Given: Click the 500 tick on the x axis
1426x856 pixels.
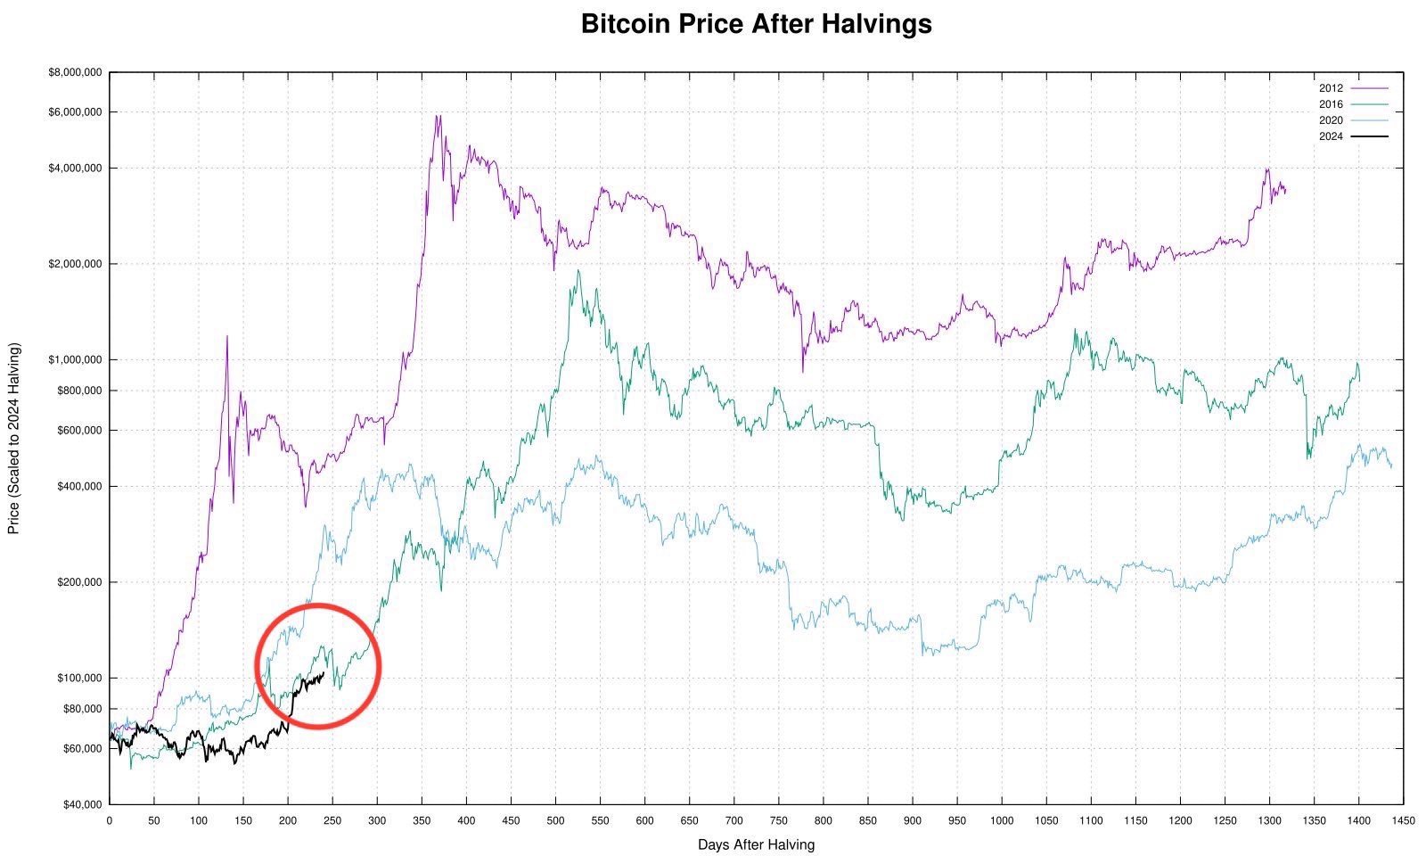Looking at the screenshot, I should coord(555,820).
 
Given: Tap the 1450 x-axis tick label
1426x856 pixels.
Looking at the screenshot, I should coord(1403,820).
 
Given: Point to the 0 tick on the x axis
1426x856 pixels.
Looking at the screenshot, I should coord(110,820).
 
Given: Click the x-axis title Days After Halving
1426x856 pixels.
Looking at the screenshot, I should coord(756,844).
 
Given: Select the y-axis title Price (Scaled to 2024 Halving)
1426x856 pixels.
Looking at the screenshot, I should coord(13,438).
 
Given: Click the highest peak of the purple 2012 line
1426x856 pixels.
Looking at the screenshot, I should coord(438,115).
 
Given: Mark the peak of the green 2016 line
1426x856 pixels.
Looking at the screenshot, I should coord(578,270).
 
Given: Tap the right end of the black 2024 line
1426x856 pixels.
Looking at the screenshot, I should coord(323,673).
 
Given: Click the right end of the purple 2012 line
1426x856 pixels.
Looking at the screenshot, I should coord(1285,190).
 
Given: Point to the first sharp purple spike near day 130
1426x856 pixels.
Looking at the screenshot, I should coord(226,336).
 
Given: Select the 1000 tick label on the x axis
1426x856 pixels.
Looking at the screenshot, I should coord(1001,820).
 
